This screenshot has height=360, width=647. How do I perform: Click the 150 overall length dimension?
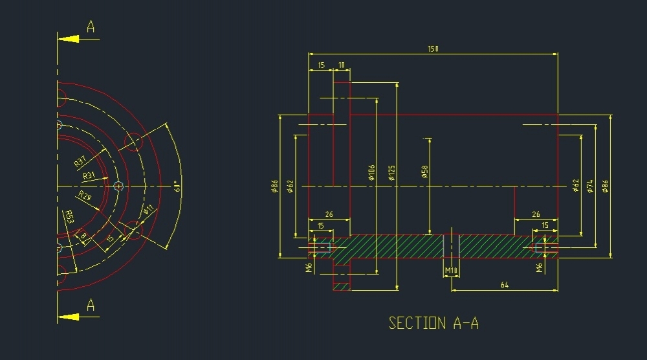click(432, 49)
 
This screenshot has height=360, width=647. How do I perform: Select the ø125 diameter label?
click(392, 172)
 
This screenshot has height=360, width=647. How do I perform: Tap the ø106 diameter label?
click(371, 172)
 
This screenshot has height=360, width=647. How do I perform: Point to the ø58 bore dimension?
click(424, 172)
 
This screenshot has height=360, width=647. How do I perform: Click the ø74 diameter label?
click(589, 186)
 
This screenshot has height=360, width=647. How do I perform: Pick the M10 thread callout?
click(451, 269)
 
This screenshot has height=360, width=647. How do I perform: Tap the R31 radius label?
click(89, 175)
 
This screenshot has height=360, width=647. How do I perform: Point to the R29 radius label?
click(85, 196)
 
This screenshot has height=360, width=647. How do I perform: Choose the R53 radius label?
click(69, 217)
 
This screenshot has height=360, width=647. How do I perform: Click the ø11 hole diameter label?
click(148, 210)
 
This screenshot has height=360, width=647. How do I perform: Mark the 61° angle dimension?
click(177, 186)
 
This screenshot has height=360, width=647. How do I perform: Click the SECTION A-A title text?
click(433, 322)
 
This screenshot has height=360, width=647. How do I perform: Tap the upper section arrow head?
click(68, 39)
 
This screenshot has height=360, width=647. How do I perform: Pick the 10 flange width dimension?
click(342, 65)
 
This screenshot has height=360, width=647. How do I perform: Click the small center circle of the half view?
click(118, 186)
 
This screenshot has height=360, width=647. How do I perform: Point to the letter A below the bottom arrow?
click(91, 305)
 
